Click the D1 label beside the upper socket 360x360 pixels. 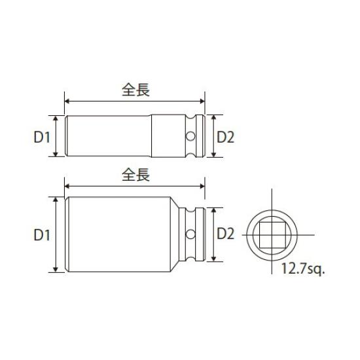(x=43, y=137)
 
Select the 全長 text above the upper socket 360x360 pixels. (x=135, y=90)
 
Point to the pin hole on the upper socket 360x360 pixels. (x=190, y=137)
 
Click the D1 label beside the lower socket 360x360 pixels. (x=43, y=234)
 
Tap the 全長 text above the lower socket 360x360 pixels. (x=135, y=175)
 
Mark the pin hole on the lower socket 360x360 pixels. (x=190, y=234)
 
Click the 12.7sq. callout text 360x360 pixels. (x=303, y=268)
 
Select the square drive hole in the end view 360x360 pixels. (x=270, y=234)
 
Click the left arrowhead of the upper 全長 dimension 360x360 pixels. (x=67, y=101)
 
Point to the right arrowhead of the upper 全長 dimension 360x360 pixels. (x=202, y=101)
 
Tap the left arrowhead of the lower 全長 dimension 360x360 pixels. (x=67, y=187)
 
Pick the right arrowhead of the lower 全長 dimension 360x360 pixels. (x=202, y=187)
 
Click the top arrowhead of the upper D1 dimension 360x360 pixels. (x=58, y=118)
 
